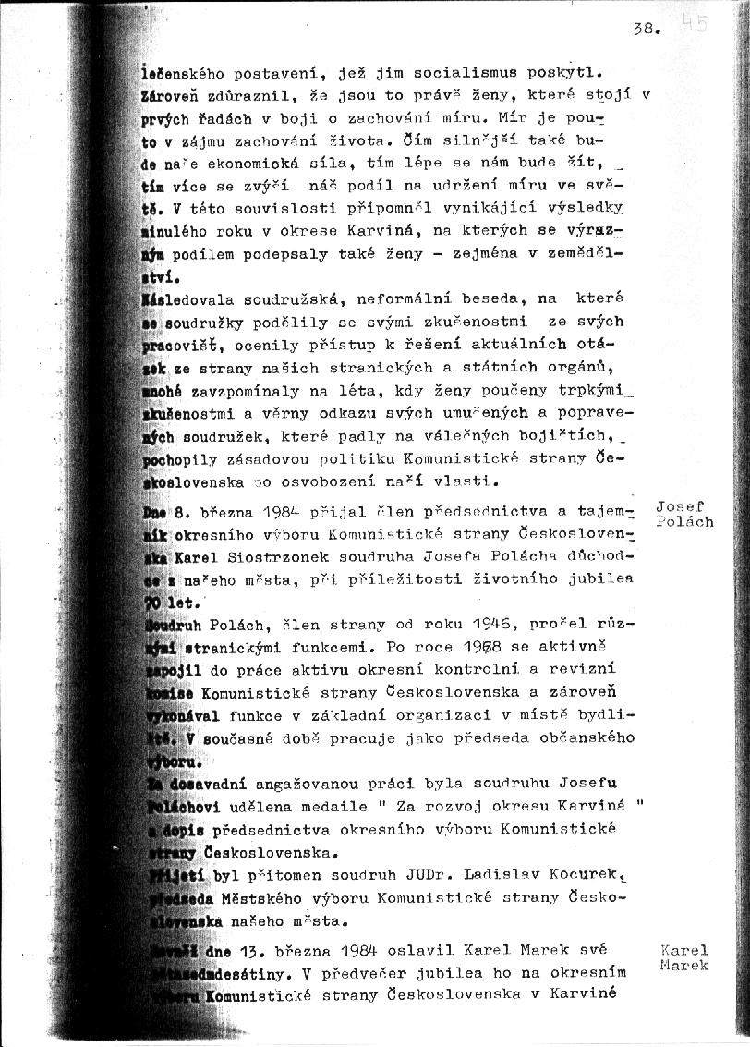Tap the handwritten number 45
[x=694, y=23]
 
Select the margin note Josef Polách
[x=683, y=514]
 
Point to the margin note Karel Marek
[x=684, y=957]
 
